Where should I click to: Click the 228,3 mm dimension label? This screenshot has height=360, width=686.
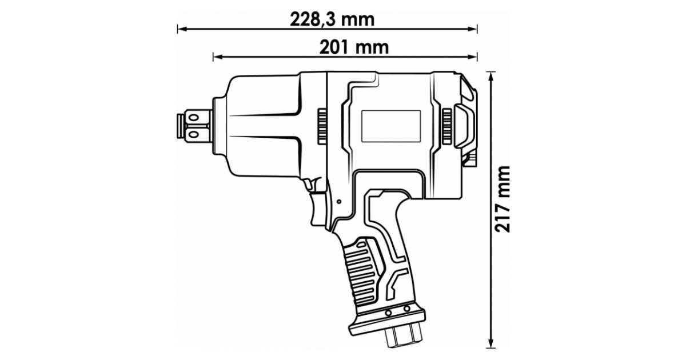point(332,19)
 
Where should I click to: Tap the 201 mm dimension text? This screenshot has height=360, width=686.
point(354,47)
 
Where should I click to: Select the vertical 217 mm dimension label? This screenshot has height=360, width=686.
point(502,199)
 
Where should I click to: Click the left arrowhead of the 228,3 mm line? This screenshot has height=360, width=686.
point(182,29)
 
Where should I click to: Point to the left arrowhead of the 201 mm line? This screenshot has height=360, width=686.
point(218,57)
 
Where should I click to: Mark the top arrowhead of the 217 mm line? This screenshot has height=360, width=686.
point(491,77)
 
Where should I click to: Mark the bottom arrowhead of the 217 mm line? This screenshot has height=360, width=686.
point(491,343)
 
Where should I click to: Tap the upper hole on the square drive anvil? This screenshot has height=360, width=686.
point(193,118)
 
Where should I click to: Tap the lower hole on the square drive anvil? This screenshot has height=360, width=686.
point(193,134)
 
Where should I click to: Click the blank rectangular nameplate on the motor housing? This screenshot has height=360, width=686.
point(391,126)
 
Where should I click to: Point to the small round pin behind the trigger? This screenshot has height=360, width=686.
point(339,202)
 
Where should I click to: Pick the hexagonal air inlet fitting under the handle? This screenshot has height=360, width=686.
point(404,337)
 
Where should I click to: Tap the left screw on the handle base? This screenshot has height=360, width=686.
point(389,313)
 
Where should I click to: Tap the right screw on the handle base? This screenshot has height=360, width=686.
point(406,308)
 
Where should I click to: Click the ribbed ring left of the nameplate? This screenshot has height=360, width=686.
point(321,126)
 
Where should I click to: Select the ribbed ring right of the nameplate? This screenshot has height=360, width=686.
point(447,126)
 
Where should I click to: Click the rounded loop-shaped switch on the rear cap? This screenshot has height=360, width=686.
point(464,126)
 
